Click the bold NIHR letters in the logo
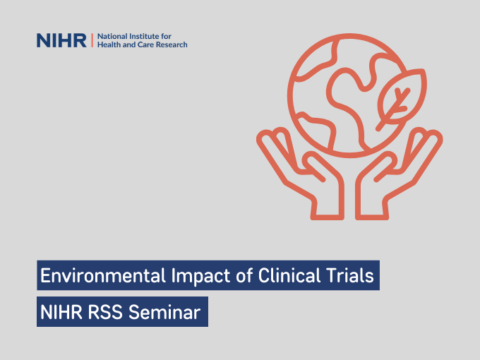[x=62, y=40]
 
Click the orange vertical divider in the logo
[x=92, y=40]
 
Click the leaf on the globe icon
[x=396, y=100]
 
